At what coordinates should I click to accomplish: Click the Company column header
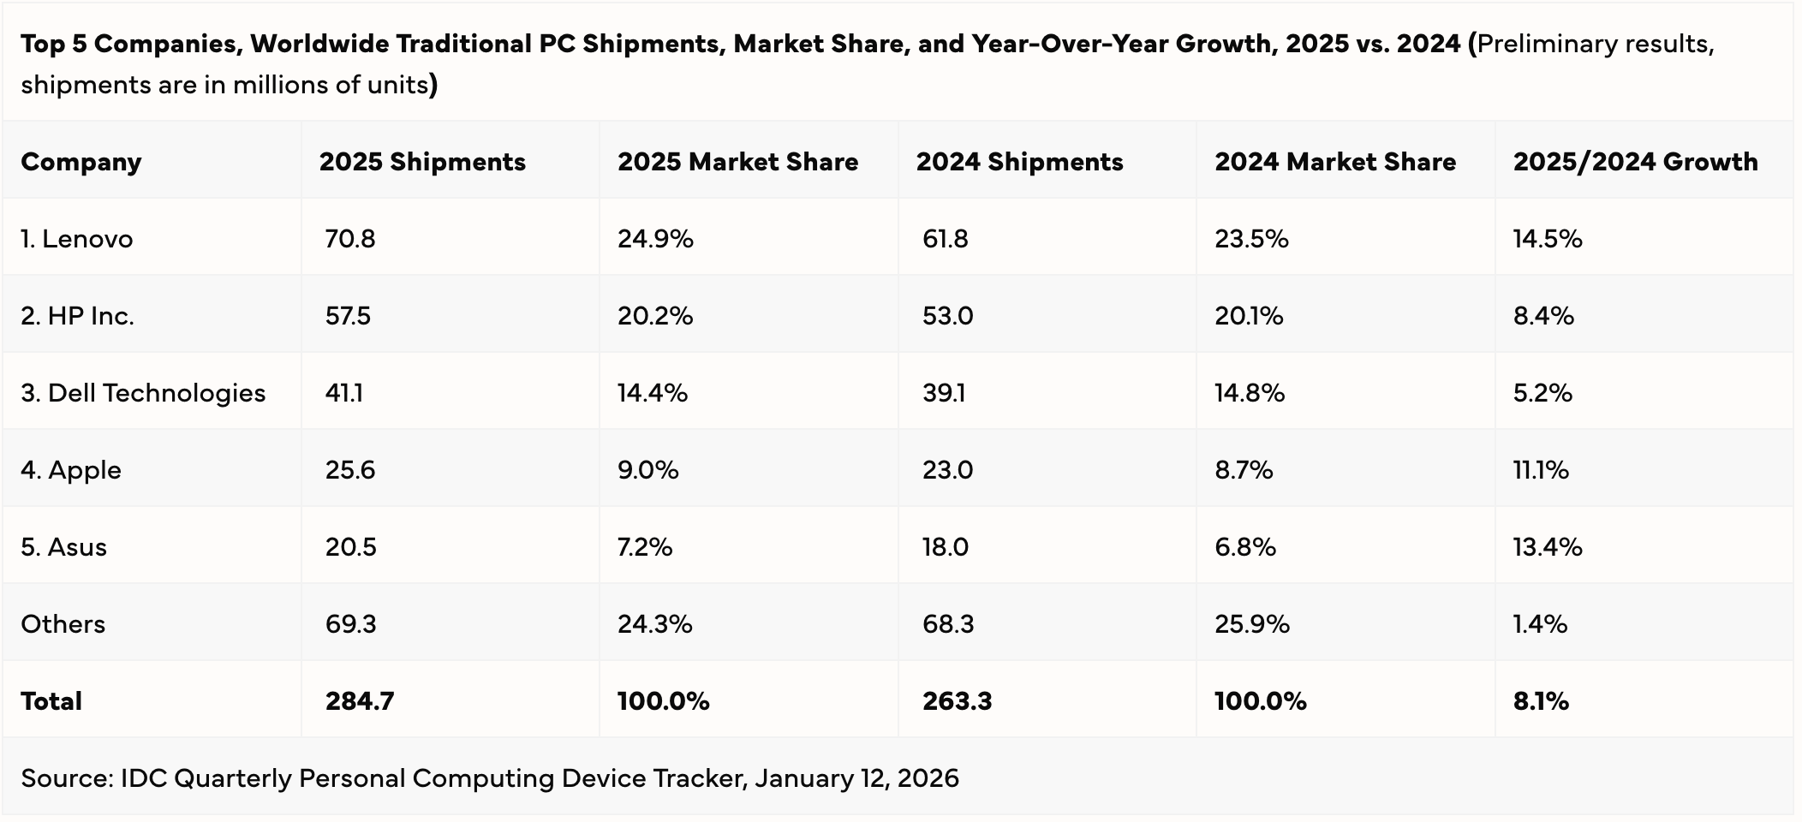click(81, 162)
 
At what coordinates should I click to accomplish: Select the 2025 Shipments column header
click(422, 162)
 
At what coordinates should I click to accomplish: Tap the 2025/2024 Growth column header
click(1635, 162)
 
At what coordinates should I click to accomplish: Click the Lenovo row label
click(76, 239)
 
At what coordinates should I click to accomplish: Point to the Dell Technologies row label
click(143, 393)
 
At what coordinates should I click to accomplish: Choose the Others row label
click(63, 624)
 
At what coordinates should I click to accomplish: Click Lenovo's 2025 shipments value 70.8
click(349, 239)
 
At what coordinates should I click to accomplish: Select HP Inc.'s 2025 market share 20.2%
click(655, 316)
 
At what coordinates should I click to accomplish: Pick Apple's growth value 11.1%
click(1540, 470)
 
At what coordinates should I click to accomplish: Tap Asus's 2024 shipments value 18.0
click(945, 547)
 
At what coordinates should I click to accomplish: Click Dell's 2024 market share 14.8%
click(1249, 393)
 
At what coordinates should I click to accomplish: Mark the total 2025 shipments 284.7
click(359, 701)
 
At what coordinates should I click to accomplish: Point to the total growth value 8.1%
click(1540, 701)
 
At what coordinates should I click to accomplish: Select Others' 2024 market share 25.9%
click(1251, 624)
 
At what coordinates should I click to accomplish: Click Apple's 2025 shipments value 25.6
click(349, 470)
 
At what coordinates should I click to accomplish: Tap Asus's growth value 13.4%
click(1547, 547)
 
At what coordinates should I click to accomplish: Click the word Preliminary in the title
click(1539, 44)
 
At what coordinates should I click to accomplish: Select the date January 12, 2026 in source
click(856, 778)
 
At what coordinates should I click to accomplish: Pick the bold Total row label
click(51, 701)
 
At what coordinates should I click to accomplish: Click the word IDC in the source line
click(143, 778)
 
